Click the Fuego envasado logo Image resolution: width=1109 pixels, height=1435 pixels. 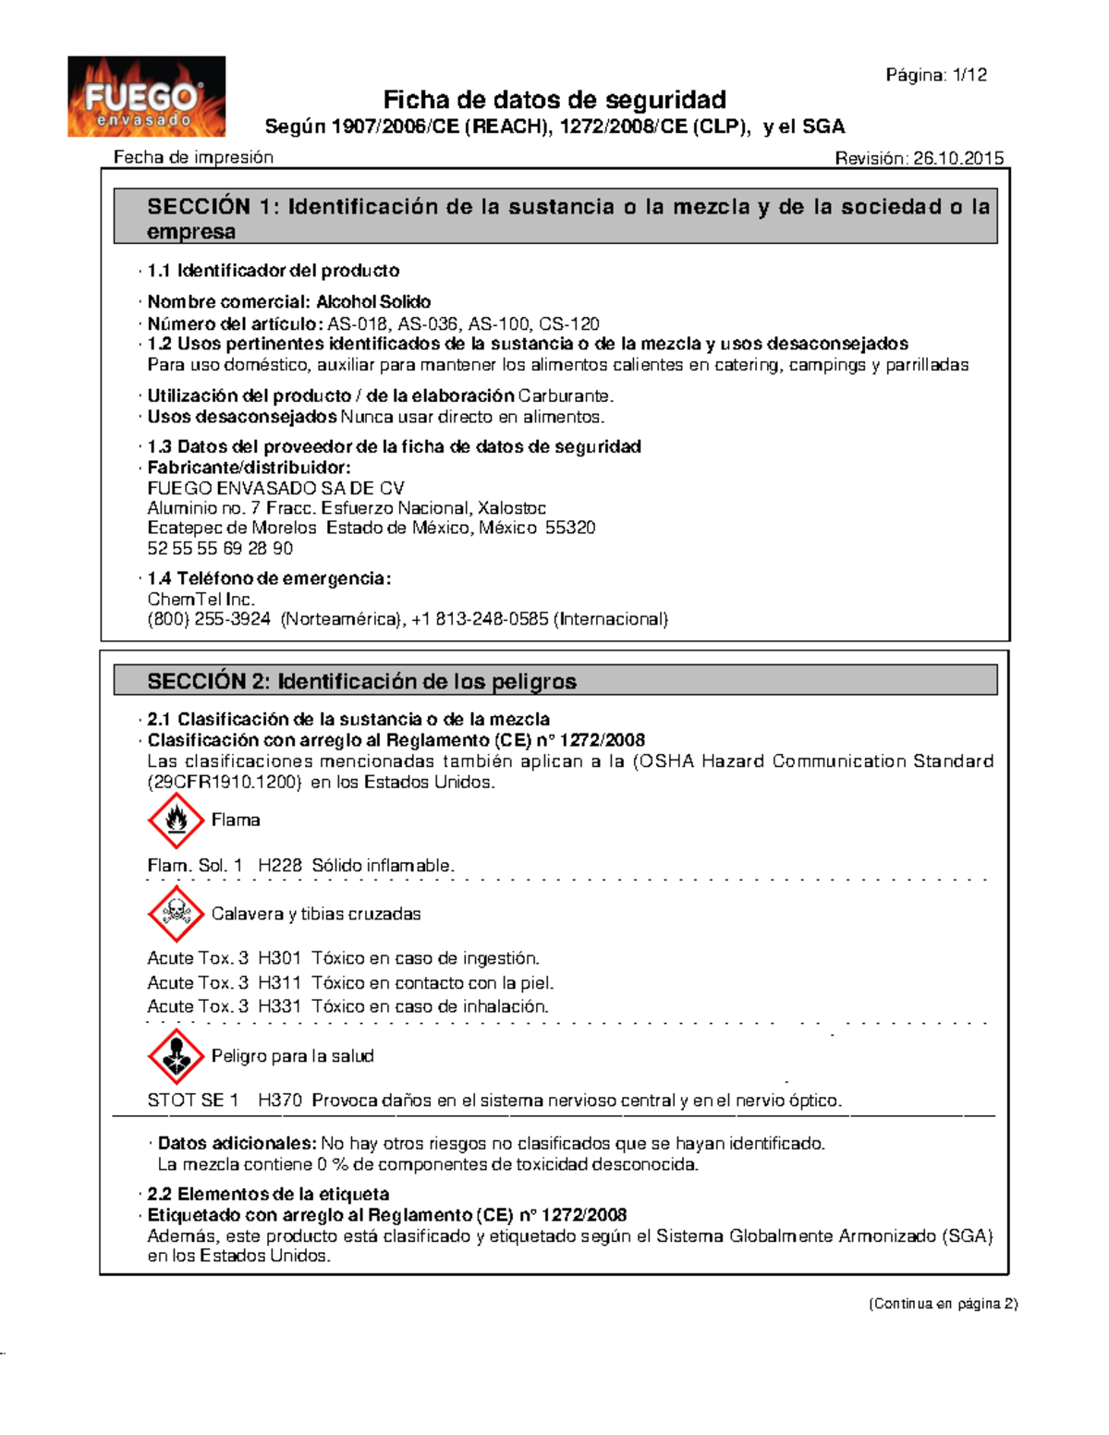click(x=146, y=97)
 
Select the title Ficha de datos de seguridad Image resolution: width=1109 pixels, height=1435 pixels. click(x=554, y=100)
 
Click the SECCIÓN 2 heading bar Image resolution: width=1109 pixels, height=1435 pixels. click(x=554, y=681)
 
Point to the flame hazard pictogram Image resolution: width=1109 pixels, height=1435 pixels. click(x=176, y=821)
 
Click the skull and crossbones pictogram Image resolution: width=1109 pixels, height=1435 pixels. click(x=176, y=914)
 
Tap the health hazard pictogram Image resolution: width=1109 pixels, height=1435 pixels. click(x=176, y=1056)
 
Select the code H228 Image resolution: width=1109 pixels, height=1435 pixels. click(x=280, y=866)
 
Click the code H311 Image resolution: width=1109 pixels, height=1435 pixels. click(x=280, y=982)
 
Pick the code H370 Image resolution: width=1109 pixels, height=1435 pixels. click(x=280, y=1101)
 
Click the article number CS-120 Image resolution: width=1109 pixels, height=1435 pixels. click(x=569, y=324)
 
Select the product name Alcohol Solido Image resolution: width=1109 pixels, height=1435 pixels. click(x=373, y=302)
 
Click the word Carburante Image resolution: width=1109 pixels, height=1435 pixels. click(x=565, y=396)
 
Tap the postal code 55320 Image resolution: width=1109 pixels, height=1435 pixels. click(x=570, y=528)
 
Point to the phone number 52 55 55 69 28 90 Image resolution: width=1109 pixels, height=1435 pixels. click(x=220, y=549)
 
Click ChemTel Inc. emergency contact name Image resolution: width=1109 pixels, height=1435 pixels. click(x=201, y=599)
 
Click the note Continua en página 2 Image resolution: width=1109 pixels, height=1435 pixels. click(x=943, y=1304)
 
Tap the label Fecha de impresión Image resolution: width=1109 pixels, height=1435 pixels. click(x=193, y=157)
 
